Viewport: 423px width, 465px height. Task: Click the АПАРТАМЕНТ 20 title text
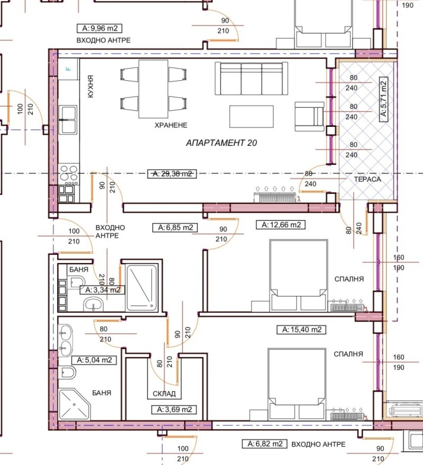click(x=221, y=143)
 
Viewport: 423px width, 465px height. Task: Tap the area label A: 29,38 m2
click(x=172, y=174)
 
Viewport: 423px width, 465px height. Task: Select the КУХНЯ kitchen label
click(x=91, y=86)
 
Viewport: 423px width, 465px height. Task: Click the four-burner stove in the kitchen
click(x=69, y=174)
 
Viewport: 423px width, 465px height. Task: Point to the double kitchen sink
click(x=68, y=120)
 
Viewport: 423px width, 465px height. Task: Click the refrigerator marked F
click(x=68, y=69)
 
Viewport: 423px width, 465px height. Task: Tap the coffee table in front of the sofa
click(x=252, y=117)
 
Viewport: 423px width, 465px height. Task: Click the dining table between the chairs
click(x=153, y=89)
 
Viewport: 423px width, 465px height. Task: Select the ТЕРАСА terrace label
click(x=367, y=179)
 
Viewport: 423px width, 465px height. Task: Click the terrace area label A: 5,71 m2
click(x=384, y=100)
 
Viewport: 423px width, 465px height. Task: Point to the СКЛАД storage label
click(x=164, y=393)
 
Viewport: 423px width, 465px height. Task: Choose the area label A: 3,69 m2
click(x=174, y=410)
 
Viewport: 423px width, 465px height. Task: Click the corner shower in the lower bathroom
click(x=74, y=404)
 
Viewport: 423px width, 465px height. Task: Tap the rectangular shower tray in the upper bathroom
click(x=142, y=288)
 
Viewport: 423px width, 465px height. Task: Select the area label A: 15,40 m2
click(x=301, y=330)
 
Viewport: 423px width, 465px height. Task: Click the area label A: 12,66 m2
click(x=281, y=225)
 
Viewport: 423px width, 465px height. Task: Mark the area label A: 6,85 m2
click(x=175, y=228)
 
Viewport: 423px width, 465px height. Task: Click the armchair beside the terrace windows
click(x=309, y=117)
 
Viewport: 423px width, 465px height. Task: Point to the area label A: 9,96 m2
click(x=99, y=28)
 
